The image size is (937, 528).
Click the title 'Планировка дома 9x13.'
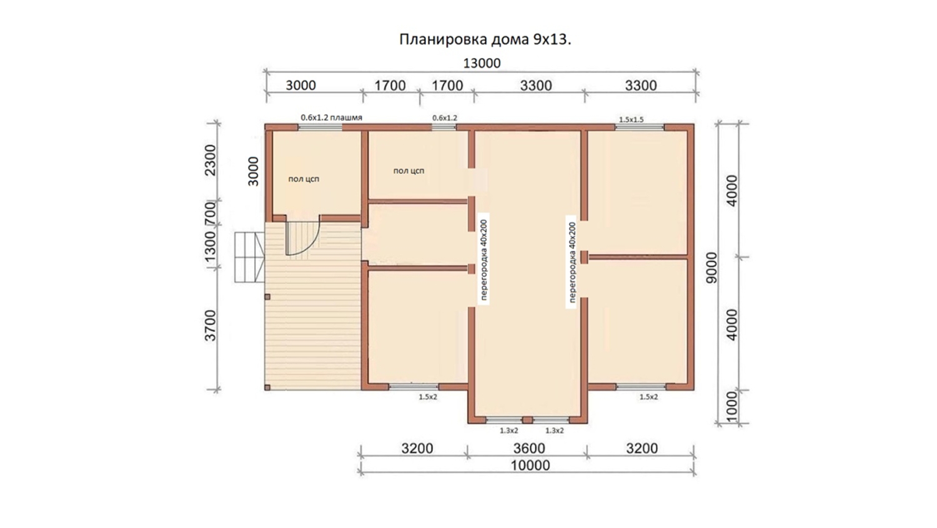pos(485,39)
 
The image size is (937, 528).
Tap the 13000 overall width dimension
pos(482,63)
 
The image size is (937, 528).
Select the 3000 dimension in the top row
pos(300,86)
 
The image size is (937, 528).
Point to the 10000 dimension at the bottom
pos(530,466)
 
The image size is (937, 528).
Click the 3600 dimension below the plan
pos(529,448)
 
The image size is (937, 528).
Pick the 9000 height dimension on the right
pos(711,268)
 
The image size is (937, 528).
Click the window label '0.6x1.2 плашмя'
pos(331,117)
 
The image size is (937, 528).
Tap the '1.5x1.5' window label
pos(631,120)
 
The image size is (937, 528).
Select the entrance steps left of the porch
pos(249,257)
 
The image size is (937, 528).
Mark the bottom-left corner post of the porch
pos(267,388)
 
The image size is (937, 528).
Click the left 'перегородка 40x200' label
pos(484,260)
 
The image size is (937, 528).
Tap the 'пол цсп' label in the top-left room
pos(304,179)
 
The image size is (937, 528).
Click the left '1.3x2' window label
pos(509,431)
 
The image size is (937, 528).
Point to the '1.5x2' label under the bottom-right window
pos(649,397)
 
